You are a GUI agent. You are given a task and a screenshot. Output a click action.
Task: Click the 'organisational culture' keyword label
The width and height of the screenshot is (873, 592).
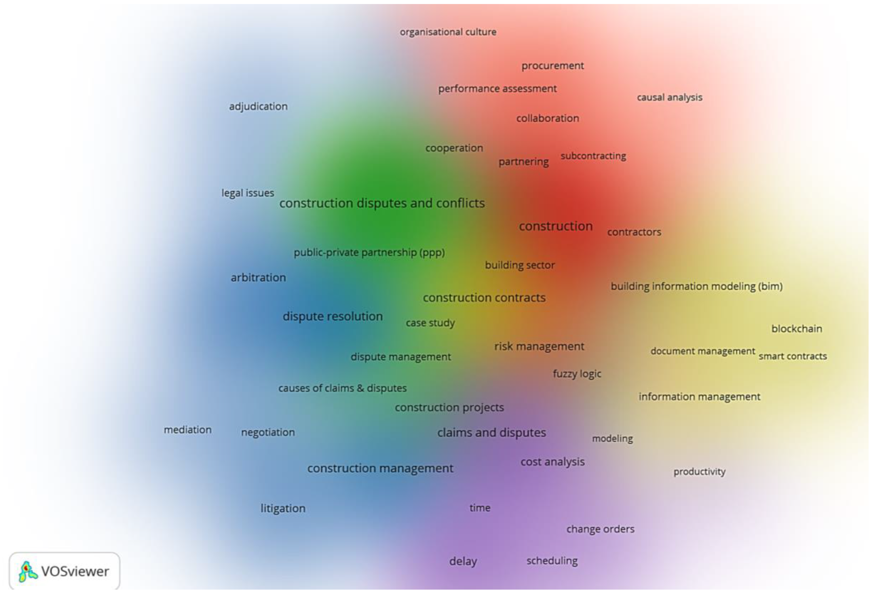448,32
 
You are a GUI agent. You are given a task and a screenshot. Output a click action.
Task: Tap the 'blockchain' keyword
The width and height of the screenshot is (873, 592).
796,329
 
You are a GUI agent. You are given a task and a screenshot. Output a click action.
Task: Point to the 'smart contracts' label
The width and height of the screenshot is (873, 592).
793,356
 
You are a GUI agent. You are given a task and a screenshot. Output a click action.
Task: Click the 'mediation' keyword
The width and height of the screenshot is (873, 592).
187,430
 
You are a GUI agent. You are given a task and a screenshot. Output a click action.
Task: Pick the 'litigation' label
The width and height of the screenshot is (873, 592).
283,509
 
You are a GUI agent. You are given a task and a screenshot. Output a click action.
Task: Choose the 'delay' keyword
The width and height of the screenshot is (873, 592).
463,562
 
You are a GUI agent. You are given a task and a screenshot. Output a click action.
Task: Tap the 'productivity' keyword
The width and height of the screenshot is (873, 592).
699,472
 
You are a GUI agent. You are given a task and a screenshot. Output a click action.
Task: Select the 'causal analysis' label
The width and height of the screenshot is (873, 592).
669,98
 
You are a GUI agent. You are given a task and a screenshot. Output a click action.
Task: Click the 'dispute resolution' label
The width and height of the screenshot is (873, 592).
333,316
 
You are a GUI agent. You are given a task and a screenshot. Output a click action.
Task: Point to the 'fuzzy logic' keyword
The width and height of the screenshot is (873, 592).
577,374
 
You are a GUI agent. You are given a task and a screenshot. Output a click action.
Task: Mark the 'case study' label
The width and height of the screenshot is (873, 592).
430,323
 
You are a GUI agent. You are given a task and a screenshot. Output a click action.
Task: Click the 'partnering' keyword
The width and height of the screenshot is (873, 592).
523,162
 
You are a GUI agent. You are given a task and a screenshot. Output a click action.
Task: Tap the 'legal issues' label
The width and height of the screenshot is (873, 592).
248,193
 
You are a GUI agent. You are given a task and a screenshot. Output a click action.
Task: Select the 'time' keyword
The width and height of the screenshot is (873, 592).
480,508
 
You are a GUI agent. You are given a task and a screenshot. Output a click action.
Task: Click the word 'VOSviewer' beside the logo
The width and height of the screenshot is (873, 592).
75,571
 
